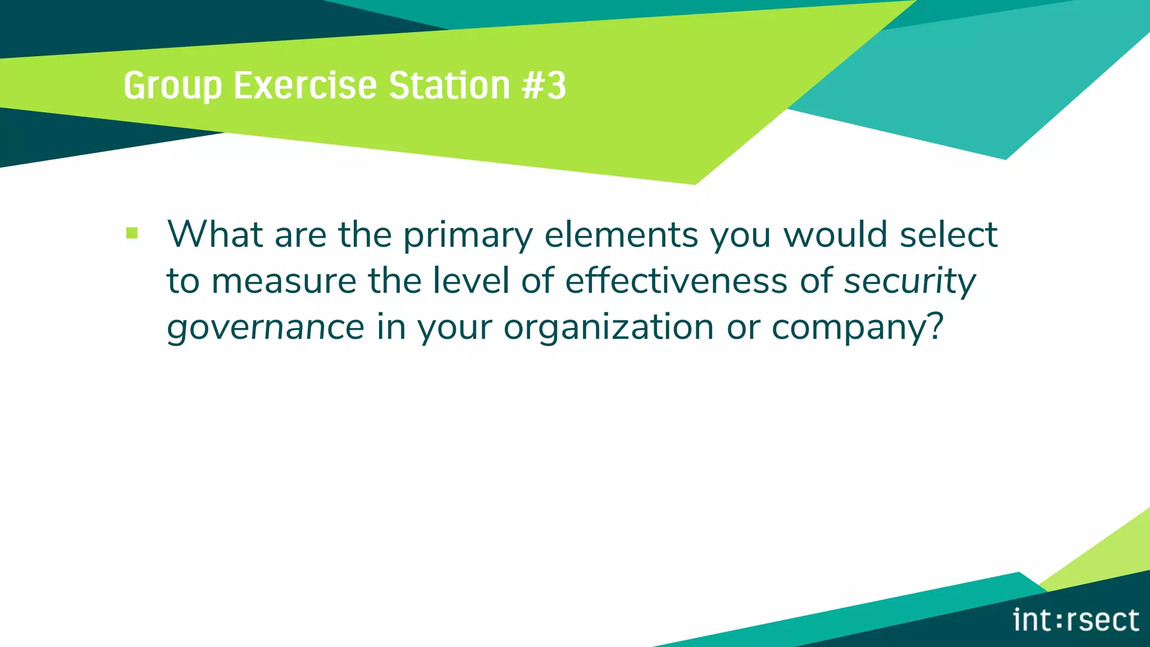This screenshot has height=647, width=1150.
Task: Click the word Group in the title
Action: point(172,86)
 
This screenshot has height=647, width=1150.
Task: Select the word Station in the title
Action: point(449,85)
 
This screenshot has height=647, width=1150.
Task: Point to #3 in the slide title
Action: point(544,85)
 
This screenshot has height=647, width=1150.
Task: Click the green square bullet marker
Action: point(132,233)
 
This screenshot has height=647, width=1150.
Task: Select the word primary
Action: point(468,235)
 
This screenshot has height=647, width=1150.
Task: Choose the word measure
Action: point(284,281)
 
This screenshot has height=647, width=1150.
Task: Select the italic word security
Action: point(910,281)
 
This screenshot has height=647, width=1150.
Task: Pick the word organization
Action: point(609,327)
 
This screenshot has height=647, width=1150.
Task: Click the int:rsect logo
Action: point(1076,621)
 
